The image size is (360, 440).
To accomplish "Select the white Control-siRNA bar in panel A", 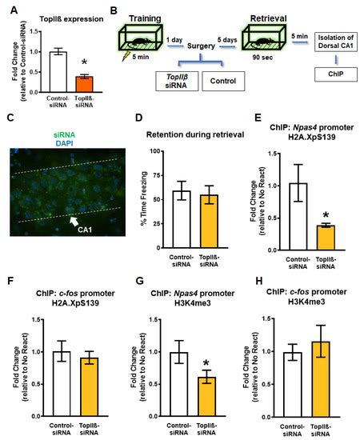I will tap(55, 72).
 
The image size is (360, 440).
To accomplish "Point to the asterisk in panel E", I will tap(326, 215).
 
